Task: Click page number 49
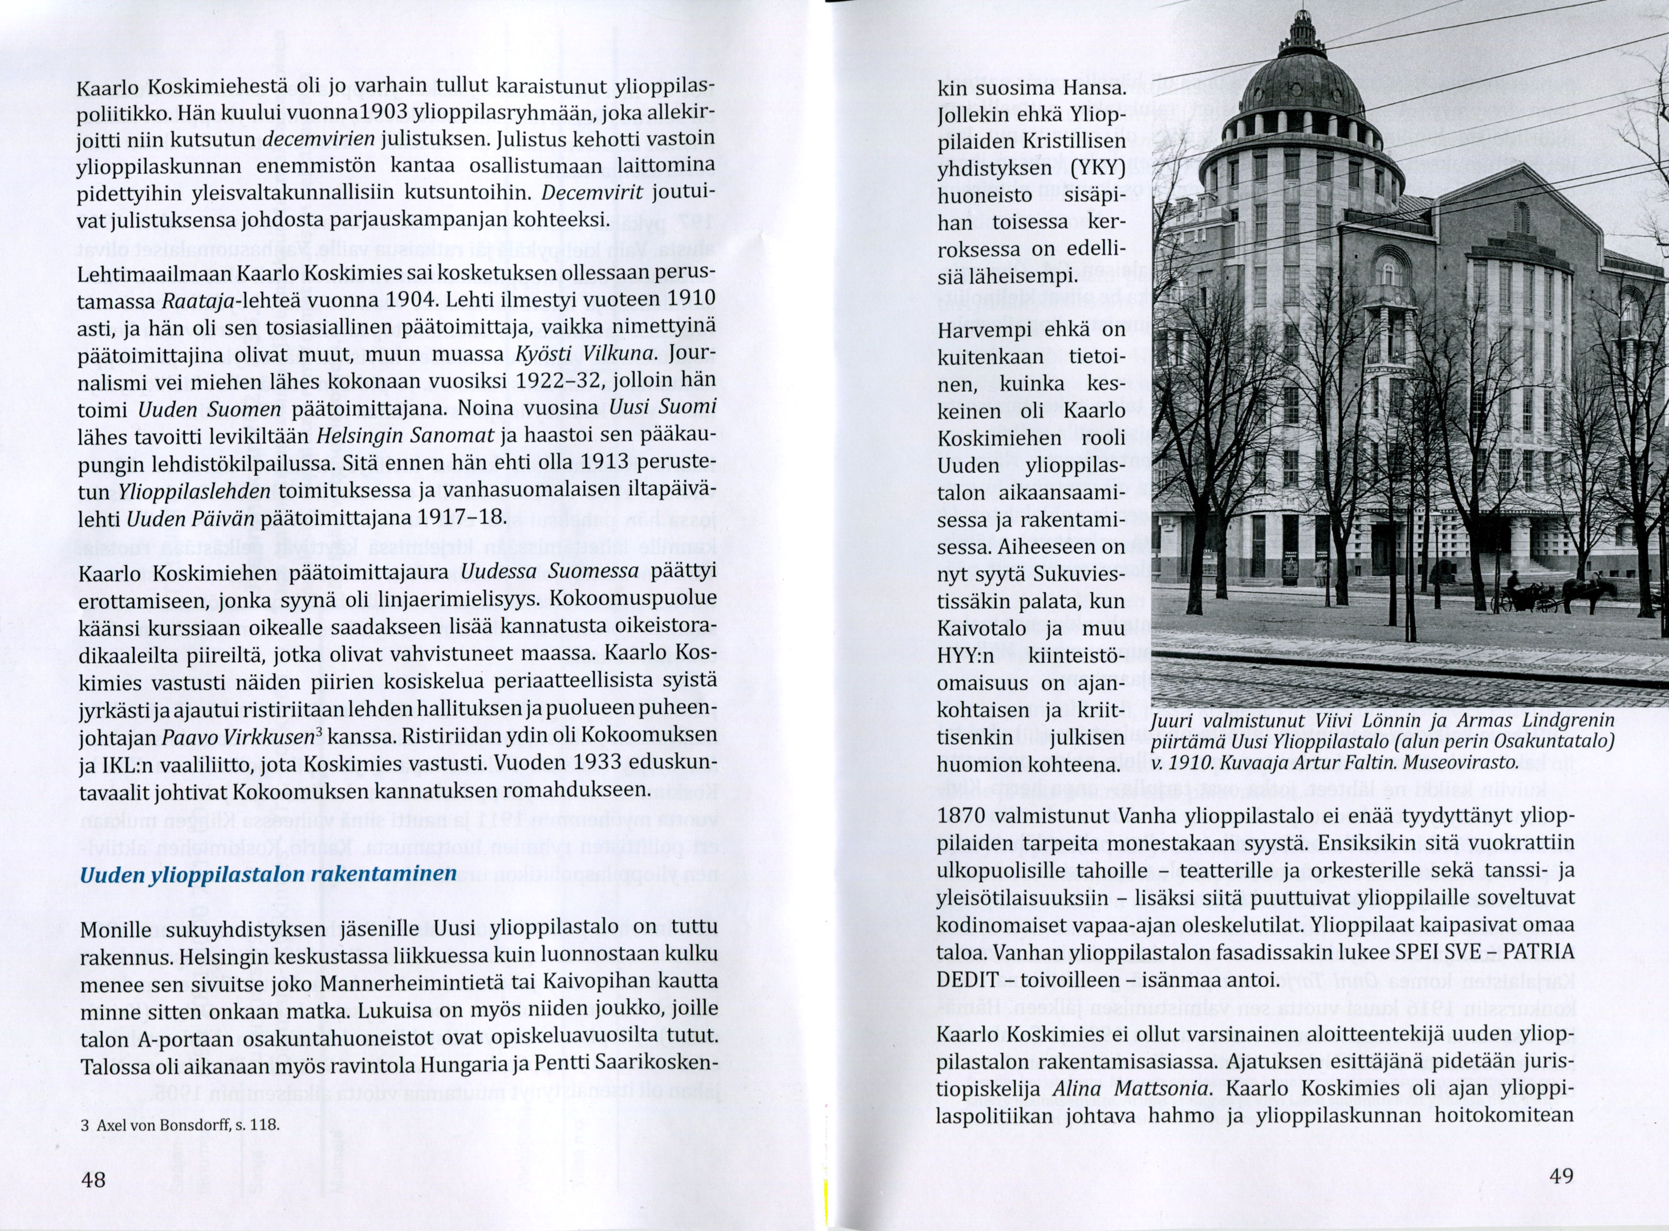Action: pos(1561,1176)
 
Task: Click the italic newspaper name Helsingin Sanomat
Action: pos(405,435)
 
